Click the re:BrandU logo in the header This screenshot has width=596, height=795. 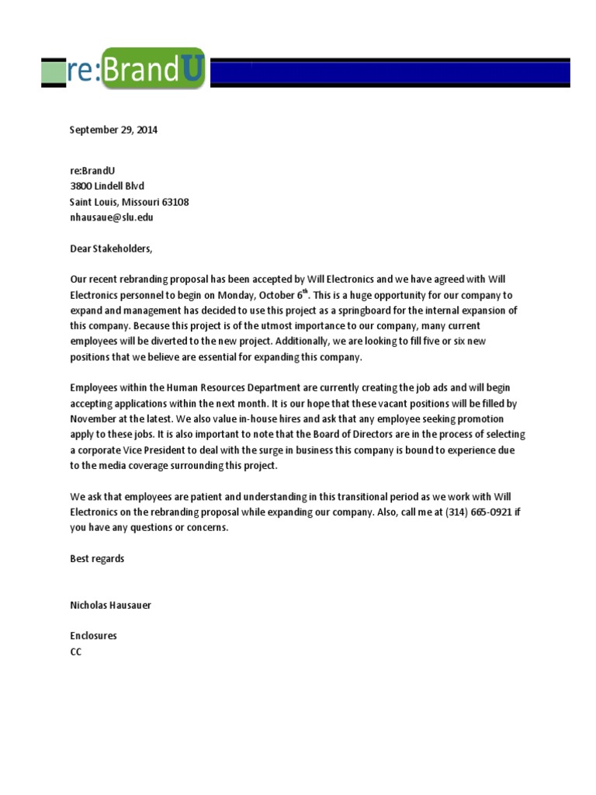(x=124, y=71)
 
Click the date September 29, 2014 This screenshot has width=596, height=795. (x=113, y=130)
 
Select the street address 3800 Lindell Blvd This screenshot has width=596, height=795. (x=107, y=186)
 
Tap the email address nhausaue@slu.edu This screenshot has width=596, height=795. (x=112, y=217)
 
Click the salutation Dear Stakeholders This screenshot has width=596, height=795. (x=112, y=249)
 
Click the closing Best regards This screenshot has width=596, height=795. (x=97, y=559)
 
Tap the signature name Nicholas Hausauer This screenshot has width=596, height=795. (x=110, y=605)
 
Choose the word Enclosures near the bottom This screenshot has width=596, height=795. (x=93, y=636)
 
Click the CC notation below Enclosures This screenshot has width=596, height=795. (x=75, y=652)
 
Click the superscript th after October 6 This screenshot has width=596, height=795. (x=306, y=292)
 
